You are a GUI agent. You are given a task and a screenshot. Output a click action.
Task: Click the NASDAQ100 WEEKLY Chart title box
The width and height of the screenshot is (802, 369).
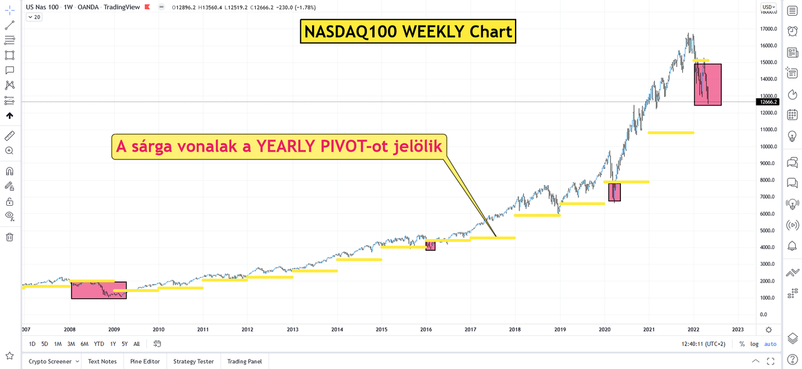[x=408, y=31]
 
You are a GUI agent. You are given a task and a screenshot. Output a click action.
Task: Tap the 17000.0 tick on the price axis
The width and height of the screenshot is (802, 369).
[x=768, y=29]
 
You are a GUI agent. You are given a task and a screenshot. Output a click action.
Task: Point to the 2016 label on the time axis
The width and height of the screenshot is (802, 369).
[x=426, y=329]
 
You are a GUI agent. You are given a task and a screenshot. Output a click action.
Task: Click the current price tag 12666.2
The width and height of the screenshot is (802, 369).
[x=768, y=102]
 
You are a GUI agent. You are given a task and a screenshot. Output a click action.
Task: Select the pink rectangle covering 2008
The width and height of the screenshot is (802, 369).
[x=98, y=290]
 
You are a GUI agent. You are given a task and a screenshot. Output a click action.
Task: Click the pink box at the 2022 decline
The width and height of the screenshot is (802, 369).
[x=708, y=84]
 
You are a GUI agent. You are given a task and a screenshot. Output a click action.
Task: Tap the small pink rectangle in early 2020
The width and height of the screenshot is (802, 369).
[x=614, y=192]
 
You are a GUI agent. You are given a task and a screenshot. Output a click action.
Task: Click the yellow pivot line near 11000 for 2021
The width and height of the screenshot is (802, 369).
[x=670, y=133]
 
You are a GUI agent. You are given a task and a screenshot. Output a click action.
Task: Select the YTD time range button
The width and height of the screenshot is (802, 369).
[x=99, y=344]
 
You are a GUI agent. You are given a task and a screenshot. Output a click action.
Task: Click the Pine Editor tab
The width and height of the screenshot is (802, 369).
[x=145, y=361]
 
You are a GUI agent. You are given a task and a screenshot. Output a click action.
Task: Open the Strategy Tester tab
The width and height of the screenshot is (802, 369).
[x=194, y=361]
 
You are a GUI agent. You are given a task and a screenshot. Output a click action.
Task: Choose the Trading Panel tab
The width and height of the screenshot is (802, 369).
[x=244, y=361]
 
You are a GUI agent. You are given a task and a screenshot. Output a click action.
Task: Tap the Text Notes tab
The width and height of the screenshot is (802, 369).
[x=102, y=361]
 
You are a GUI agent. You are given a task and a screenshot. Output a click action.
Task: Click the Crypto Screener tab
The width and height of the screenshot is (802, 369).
[x=50, y=361]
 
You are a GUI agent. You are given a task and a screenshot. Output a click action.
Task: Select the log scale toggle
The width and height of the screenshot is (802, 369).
[x=754, y=344]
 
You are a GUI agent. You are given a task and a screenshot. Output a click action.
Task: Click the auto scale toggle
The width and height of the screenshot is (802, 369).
[x=770, y=344]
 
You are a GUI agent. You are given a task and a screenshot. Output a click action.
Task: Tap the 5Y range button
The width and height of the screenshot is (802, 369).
[x=125, y=344]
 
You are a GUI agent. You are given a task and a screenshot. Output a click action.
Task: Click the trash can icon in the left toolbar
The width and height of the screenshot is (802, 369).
[x=9, y=237]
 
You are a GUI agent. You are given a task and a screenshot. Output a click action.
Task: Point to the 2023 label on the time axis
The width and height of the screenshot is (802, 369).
[x=738, y=329]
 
